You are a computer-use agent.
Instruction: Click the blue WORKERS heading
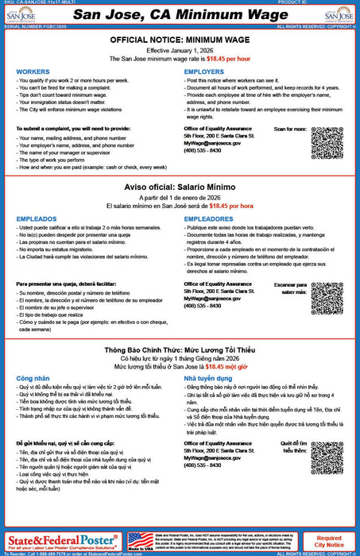point(32,71)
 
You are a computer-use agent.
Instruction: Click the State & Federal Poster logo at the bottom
point(62,542)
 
